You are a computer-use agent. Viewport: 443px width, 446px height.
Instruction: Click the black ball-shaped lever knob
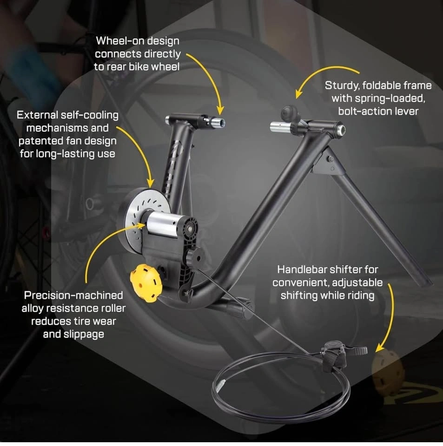[289, 112]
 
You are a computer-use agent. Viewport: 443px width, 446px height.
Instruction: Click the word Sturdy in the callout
[342, 85]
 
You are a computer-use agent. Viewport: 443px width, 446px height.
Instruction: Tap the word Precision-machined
[73, 295]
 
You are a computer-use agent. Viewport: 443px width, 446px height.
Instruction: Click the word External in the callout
[37, 115]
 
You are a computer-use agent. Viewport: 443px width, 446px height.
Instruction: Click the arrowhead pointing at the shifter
[380, 348]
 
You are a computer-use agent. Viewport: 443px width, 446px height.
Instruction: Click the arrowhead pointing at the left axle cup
[220, 111]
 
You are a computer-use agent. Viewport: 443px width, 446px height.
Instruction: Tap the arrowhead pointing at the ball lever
[298, 94]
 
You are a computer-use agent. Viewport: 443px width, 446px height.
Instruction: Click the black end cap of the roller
[188, 227]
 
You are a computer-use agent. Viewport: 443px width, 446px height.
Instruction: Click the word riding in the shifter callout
[361, 295]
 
